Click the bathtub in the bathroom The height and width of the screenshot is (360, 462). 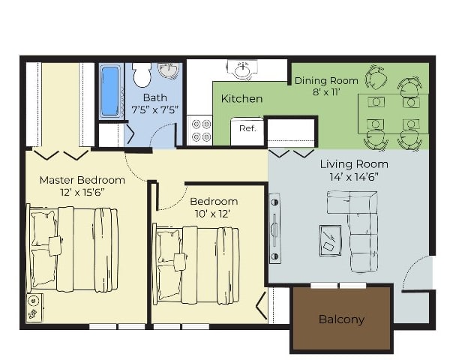pos(109,91)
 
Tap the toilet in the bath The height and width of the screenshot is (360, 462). pos(141,75)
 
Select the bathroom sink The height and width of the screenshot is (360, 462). pos(169,71)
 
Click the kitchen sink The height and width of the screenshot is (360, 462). pos(241,70)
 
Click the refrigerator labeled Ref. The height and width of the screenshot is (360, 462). pos(247,128)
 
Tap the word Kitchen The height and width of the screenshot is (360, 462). pos(241,98)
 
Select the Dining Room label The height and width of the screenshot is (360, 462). pos(326,80)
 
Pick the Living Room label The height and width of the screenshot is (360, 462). pos(354,163)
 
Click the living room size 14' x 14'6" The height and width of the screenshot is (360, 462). pos(354,178)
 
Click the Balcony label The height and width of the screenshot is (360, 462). pos(341,319)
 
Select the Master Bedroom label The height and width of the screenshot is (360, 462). pos(82,180)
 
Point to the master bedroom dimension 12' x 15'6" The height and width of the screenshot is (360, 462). pos(82,193)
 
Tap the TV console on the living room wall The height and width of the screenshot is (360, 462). pos(274,228)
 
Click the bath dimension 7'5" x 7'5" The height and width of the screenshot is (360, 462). pos(155,110)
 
